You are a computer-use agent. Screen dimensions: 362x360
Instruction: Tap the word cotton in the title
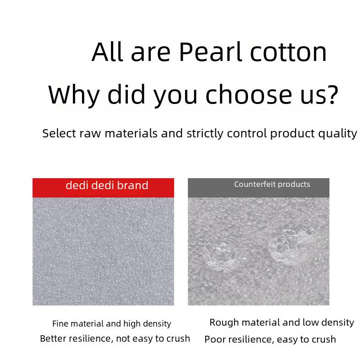pyautogui.click(x=288, y=53)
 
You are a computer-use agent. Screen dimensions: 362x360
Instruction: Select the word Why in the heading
pyautogui.click(x=74, y=95)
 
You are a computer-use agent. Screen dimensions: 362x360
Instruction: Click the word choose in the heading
pyautogui.click(x=248, y=94)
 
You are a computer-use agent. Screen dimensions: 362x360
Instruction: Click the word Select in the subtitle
pyautogui.click(x=59, y=133)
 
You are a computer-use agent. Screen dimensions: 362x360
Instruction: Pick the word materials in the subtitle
pyautogui.click(x=131, y=133)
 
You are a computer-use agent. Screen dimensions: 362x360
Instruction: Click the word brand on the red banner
pyautogui.click(x=132, y=185)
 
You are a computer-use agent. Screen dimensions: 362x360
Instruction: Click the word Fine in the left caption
pyautogui.click(x=60, y=323)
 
